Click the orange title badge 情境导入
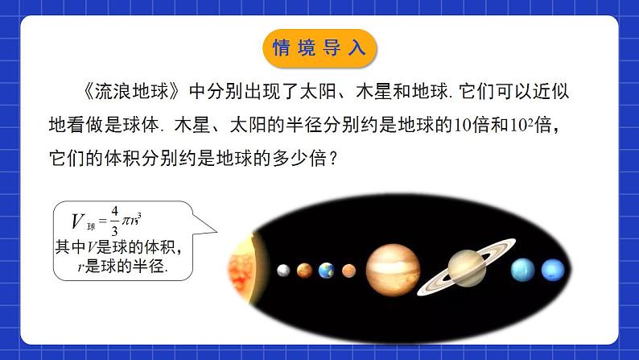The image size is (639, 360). [x=319, y=47]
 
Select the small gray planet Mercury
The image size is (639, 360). [x=282, y=271]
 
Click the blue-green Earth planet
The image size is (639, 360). [x=326, y=271]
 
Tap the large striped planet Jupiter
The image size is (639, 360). [x=390, y=269]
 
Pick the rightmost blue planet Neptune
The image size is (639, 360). [x=552, y=269]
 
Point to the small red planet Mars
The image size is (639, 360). [x=348, y=271]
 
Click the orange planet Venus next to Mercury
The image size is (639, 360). [x=303, y=271]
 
